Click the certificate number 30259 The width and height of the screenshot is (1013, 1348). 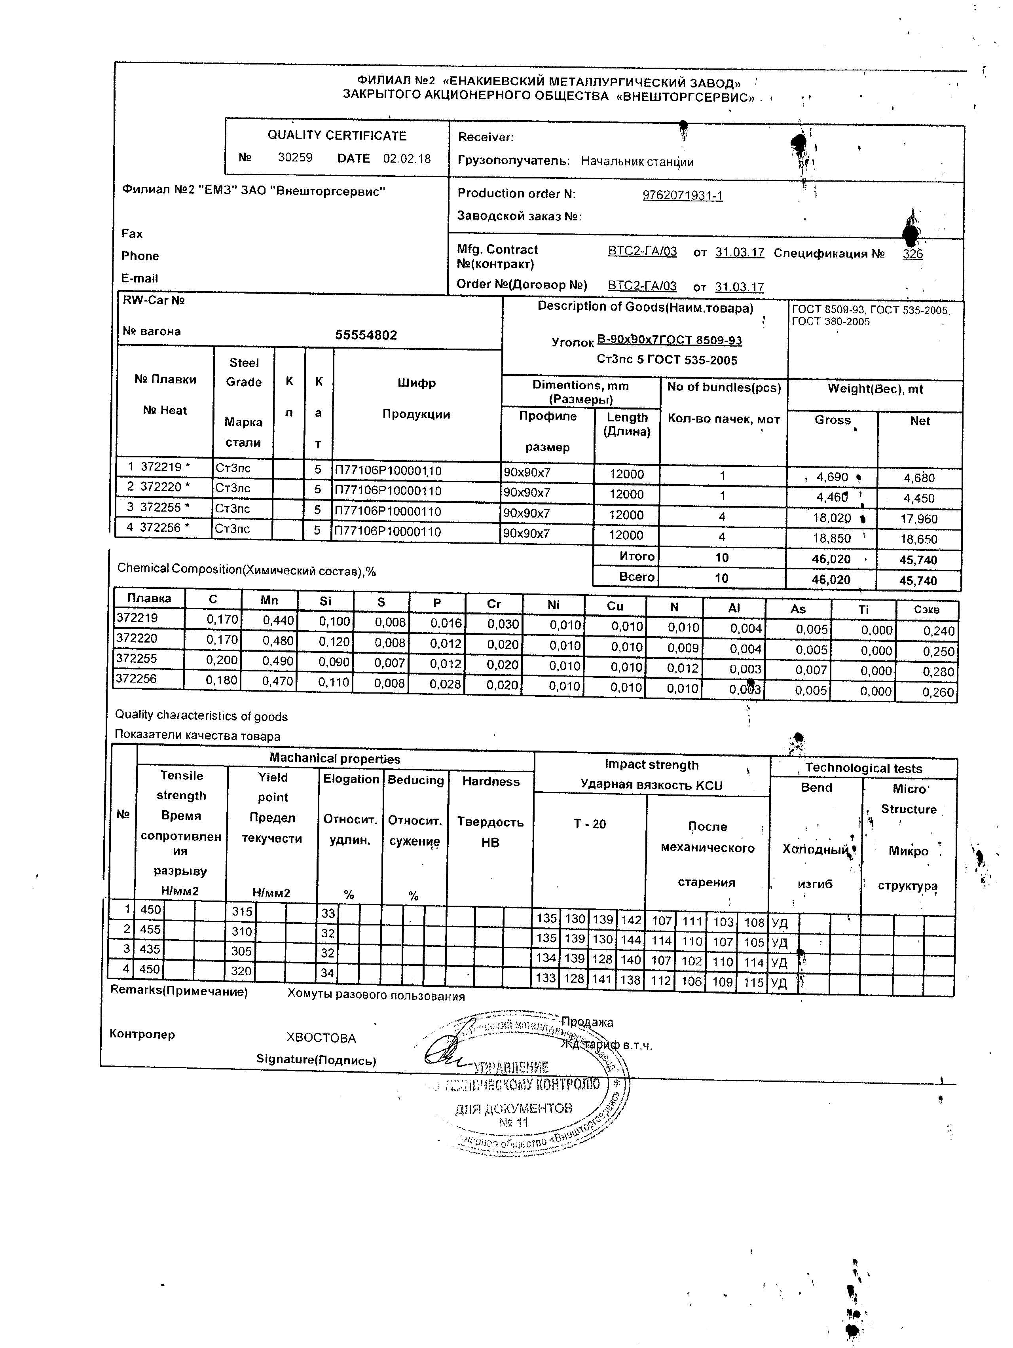(x=295, y=157)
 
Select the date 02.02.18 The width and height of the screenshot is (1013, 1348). (x=406, y=158)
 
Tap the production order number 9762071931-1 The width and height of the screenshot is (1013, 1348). (x=682, y=195)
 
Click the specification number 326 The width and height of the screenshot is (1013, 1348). (x=912, y=254)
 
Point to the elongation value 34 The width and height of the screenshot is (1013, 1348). (x=328, y=973)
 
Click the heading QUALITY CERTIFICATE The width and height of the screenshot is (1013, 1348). (x=336, y=135)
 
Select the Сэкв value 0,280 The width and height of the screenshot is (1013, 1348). (x=938, y=671)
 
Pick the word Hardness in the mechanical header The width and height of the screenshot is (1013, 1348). (x=491, y=781)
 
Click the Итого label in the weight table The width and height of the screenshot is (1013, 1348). (x=636, y=556)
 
